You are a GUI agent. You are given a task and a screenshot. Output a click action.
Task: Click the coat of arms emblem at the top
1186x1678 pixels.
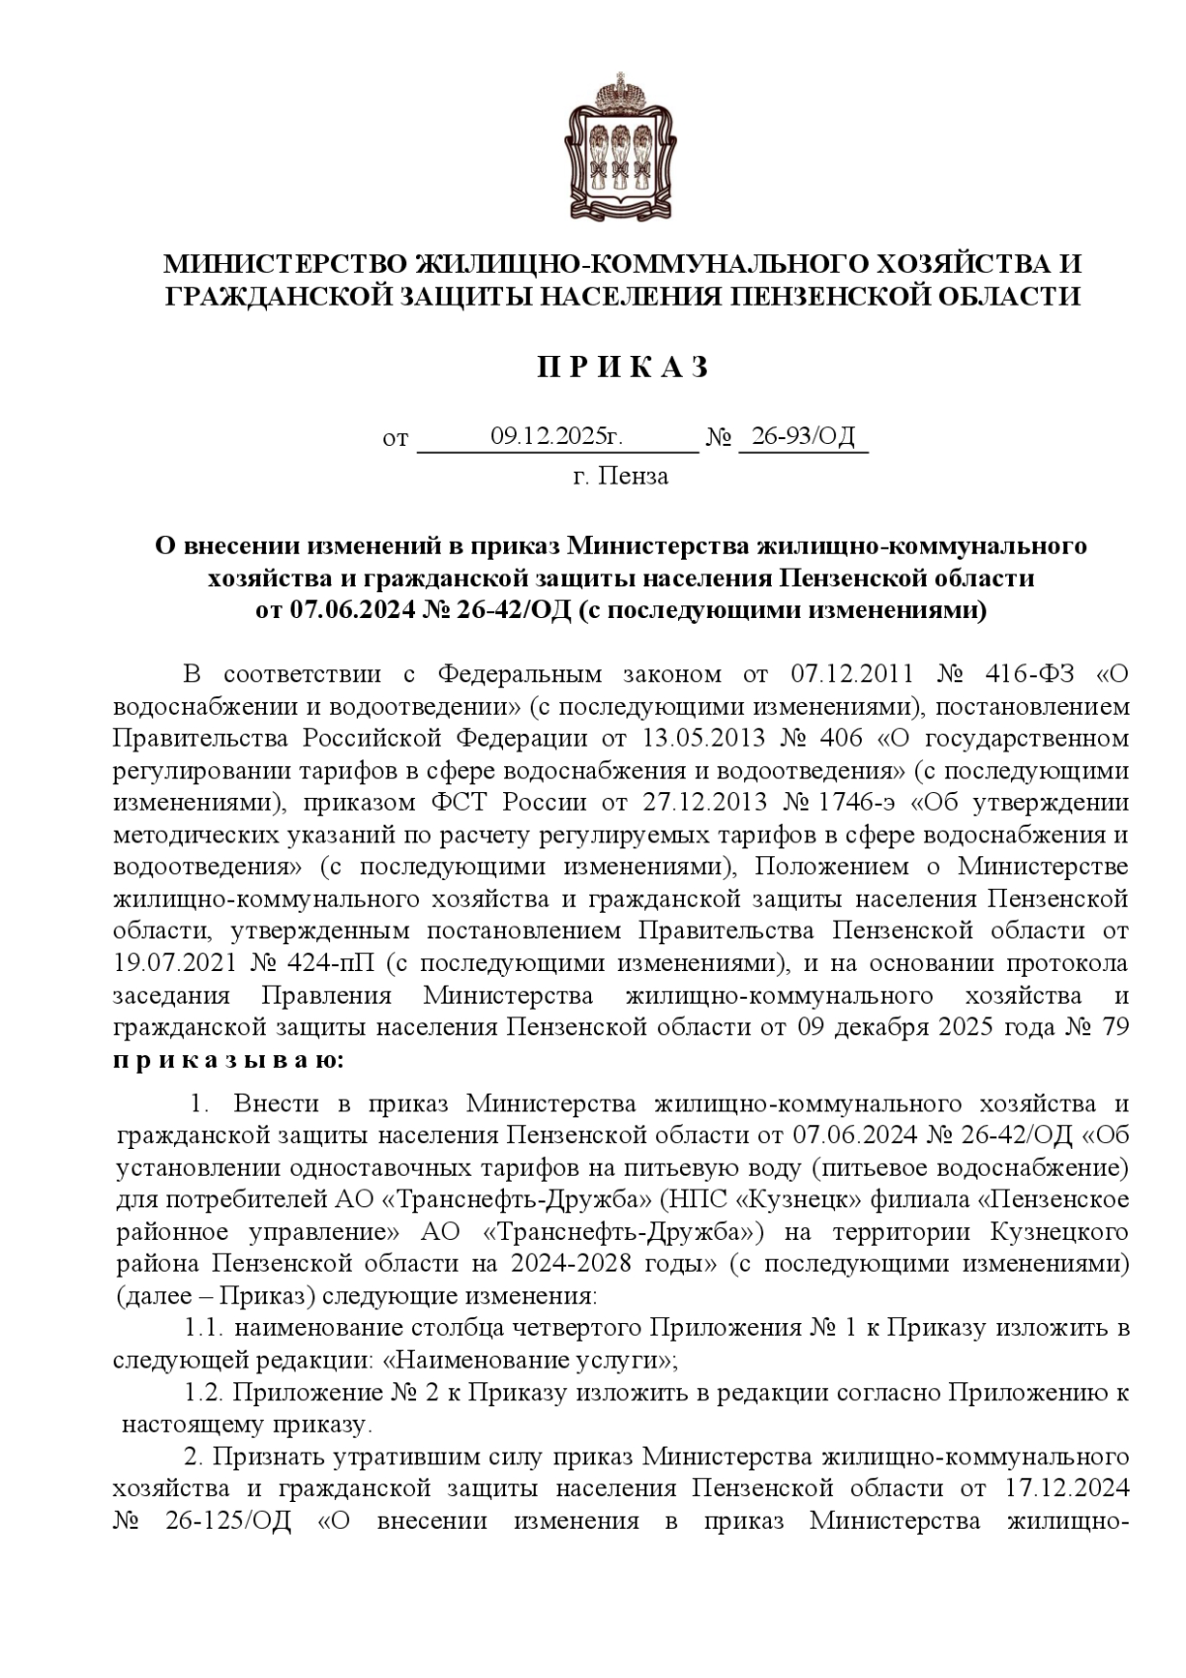click(620, 146)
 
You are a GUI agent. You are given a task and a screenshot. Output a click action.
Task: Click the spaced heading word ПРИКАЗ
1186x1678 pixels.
click(623, 368)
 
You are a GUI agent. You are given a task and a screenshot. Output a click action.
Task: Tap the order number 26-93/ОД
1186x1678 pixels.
click(803, 436)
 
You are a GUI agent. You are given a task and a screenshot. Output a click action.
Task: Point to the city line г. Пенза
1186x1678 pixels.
click(621, 477)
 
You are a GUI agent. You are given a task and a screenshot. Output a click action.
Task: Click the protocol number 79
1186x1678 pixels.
click(1111, 1026)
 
